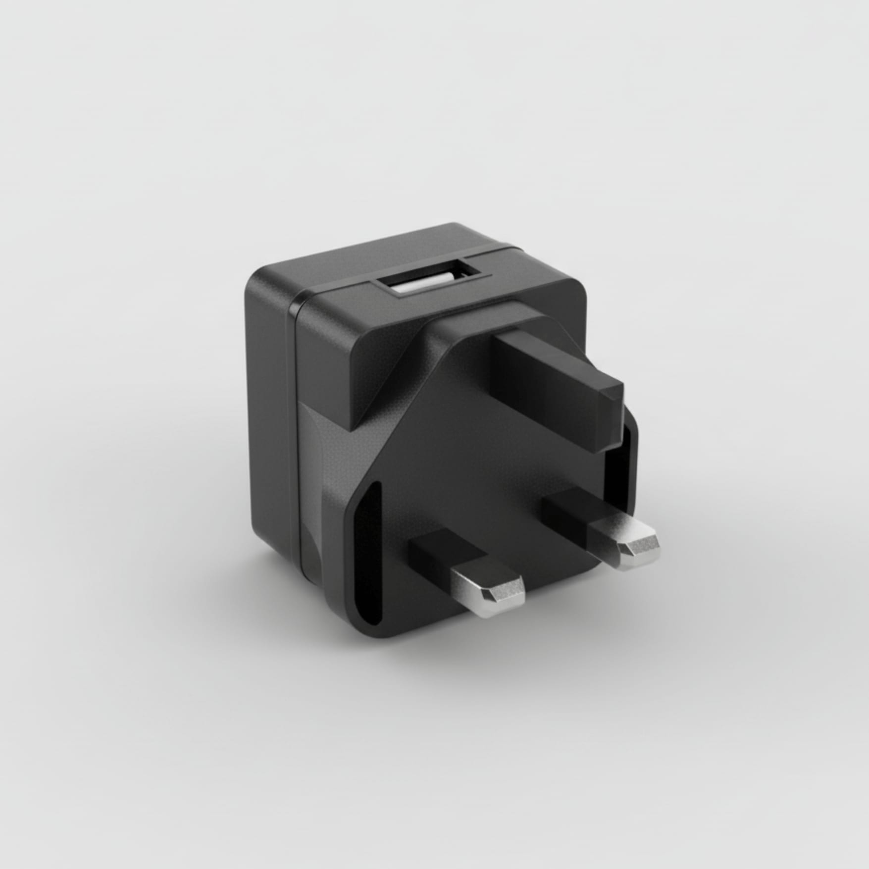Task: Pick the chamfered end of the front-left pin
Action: pyautogui.click(x=505, y=594)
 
